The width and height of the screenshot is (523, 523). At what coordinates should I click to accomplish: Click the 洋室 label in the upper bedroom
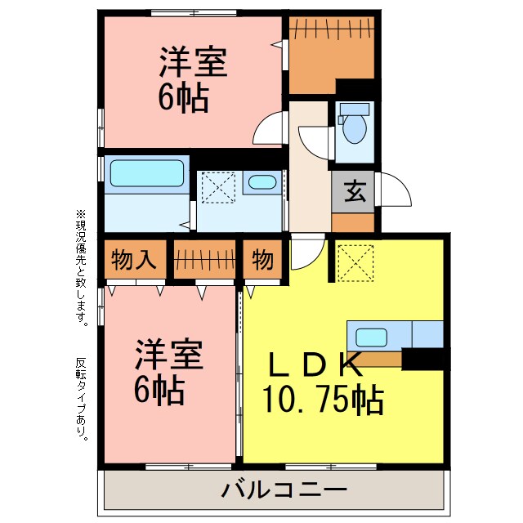(192, 61)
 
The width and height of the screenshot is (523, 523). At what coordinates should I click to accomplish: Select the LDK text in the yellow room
(311, 362)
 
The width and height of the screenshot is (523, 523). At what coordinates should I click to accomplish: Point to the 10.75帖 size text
(323, 398)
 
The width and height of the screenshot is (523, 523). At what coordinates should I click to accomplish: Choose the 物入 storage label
(135, 260)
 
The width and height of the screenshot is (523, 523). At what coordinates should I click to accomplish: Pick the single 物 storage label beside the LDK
(262, 260)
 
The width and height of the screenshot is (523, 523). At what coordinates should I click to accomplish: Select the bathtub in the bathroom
(146, 174)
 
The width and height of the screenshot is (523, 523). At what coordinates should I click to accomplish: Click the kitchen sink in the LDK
(372, 336)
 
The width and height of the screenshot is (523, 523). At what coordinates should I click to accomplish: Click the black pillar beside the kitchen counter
(425, 357)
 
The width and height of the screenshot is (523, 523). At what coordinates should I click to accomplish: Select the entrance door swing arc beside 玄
(392, 194)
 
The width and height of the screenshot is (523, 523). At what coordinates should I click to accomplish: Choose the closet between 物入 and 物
(204, 260)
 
